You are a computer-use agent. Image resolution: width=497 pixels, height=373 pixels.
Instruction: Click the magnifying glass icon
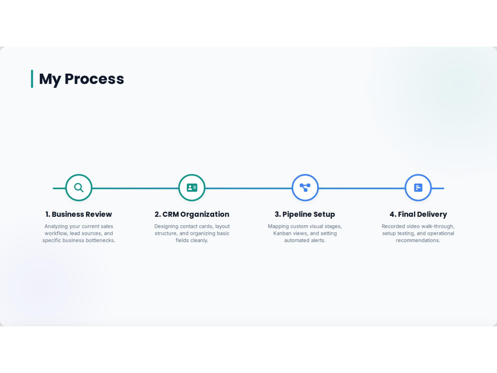click(79, 188)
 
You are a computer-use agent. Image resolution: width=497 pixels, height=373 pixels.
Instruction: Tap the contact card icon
click(192, 188)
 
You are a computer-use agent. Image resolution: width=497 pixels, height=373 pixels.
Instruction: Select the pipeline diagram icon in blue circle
click(305, 188)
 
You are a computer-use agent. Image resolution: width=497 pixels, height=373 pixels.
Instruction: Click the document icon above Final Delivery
click(418, 188)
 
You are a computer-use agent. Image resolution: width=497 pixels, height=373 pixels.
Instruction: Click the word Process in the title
click(94, 79)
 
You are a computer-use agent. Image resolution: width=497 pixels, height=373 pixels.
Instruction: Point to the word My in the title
click(50, 79)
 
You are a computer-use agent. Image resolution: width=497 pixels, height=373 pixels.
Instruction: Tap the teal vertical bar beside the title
click(32, 79)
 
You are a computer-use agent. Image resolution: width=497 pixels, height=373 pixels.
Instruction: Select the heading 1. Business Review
click(79, 214)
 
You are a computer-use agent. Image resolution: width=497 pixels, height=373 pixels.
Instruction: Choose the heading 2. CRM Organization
click(192, 214)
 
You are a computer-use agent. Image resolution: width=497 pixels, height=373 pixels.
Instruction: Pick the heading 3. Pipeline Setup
click(305, 214)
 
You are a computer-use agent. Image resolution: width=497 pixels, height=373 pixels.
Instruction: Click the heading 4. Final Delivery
click(418, 214)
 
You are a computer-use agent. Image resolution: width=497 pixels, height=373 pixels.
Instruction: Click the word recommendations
click(418, 240)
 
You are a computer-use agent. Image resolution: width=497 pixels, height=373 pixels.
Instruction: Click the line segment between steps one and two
click(135, 188)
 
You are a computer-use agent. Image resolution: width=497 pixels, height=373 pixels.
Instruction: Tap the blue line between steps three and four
click(362, 188)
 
